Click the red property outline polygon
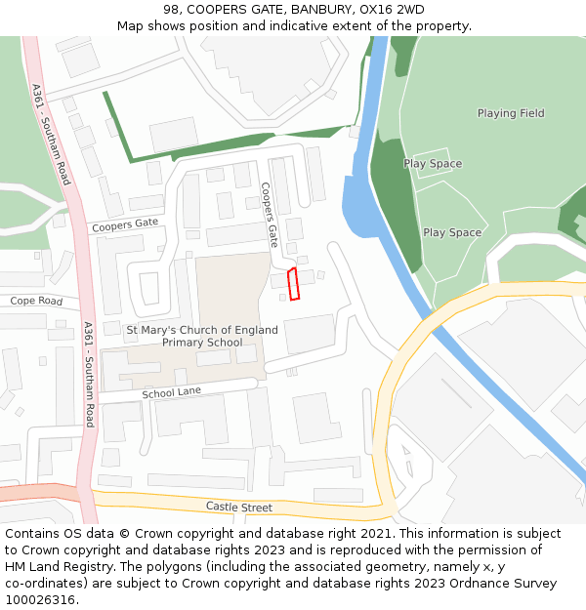point(294,283)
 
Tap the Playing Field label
point(510,113)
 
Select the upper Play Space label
point(433,164)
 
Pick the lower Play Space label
point(452,232)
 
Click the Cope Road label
point(36,301)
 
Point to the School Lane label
point(172,393)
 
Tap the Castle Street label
point(238,507)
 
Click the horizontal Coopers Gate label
point(124,225)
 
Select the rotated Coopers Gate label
point(270,214)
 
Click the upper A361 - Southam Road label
point(51,135)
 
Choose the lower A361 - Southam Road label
point(89,374)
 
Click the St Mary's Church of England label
point(202,330)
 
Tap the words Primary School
point(202,343)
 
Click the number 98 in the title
point(172,10)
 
